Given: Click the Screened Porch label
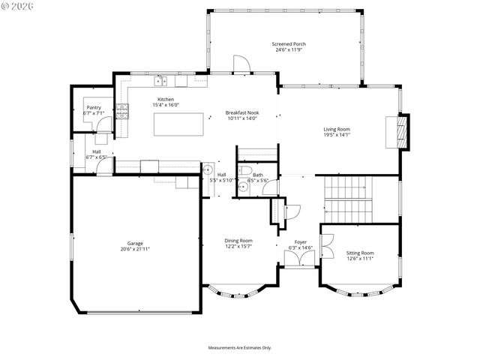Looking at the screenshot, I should click(x=289, y=44).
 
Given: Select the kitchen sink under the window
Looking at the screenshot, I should click(x=160, y=81).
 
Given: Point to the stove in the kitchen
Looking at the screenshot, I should click(x=126, y=112).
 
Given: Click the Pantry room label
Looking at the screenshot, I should click(x=94, y=107).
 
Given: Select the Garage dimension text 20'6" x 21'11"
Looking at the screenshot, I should click(x=135, y=249).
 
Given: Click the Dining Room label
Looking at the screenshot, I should click(x=238, y=241).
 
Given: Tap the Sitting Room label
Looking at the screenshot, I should click(x=360, y=253).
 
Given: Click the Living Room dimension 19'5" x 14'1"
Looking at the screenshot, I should click(x=337, y=135).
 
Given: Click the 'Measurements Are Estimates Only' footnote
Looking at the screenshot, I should click(x=240, y=347).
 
